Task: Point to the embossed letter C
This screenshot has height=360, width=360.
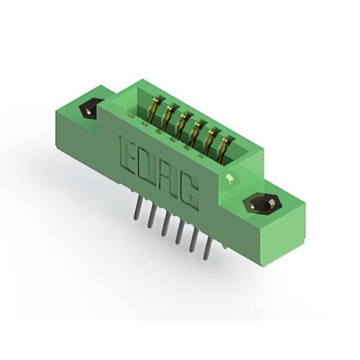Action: coord(189,193)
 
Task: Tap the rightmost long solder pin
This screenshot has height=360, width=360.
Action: coord(207,249)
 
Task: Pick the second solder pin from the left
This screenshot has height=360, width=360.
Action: coord(151,217)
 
